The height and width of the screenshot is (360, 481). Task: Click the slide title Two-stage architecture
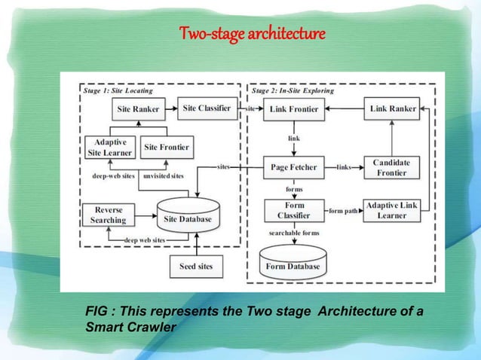click(253, 34)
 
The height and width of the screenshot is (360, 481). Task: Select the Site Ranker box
click(138, 109)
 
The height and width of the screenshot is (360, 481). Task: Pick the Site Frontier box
click(167, 146)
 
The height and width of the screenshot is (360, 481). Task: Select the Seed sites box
click(196, 267)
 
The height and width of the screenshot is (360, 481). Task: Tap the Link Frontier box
click(294, 109)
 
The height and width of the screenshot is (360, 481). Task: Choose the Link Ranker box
click(393, 109)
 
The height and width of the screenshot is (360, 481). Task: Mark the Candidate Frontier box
click(390, 167)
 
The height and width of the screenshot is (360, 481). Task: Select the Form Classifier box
click(293, 210)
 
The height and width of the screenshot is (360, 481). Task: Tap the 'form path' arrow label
click(343, 211)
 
